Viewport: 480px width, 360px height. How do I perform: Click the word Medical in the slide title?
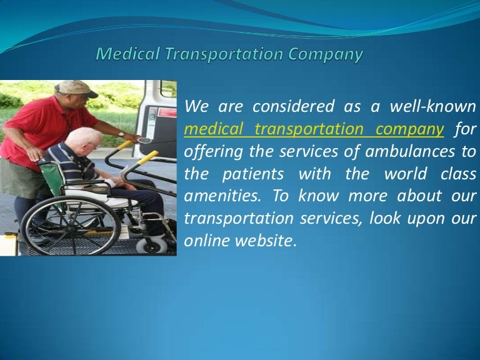(x=124, y=54)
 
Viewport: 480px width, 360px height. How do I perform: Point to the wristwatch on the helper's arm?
(x=121, y=133)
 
